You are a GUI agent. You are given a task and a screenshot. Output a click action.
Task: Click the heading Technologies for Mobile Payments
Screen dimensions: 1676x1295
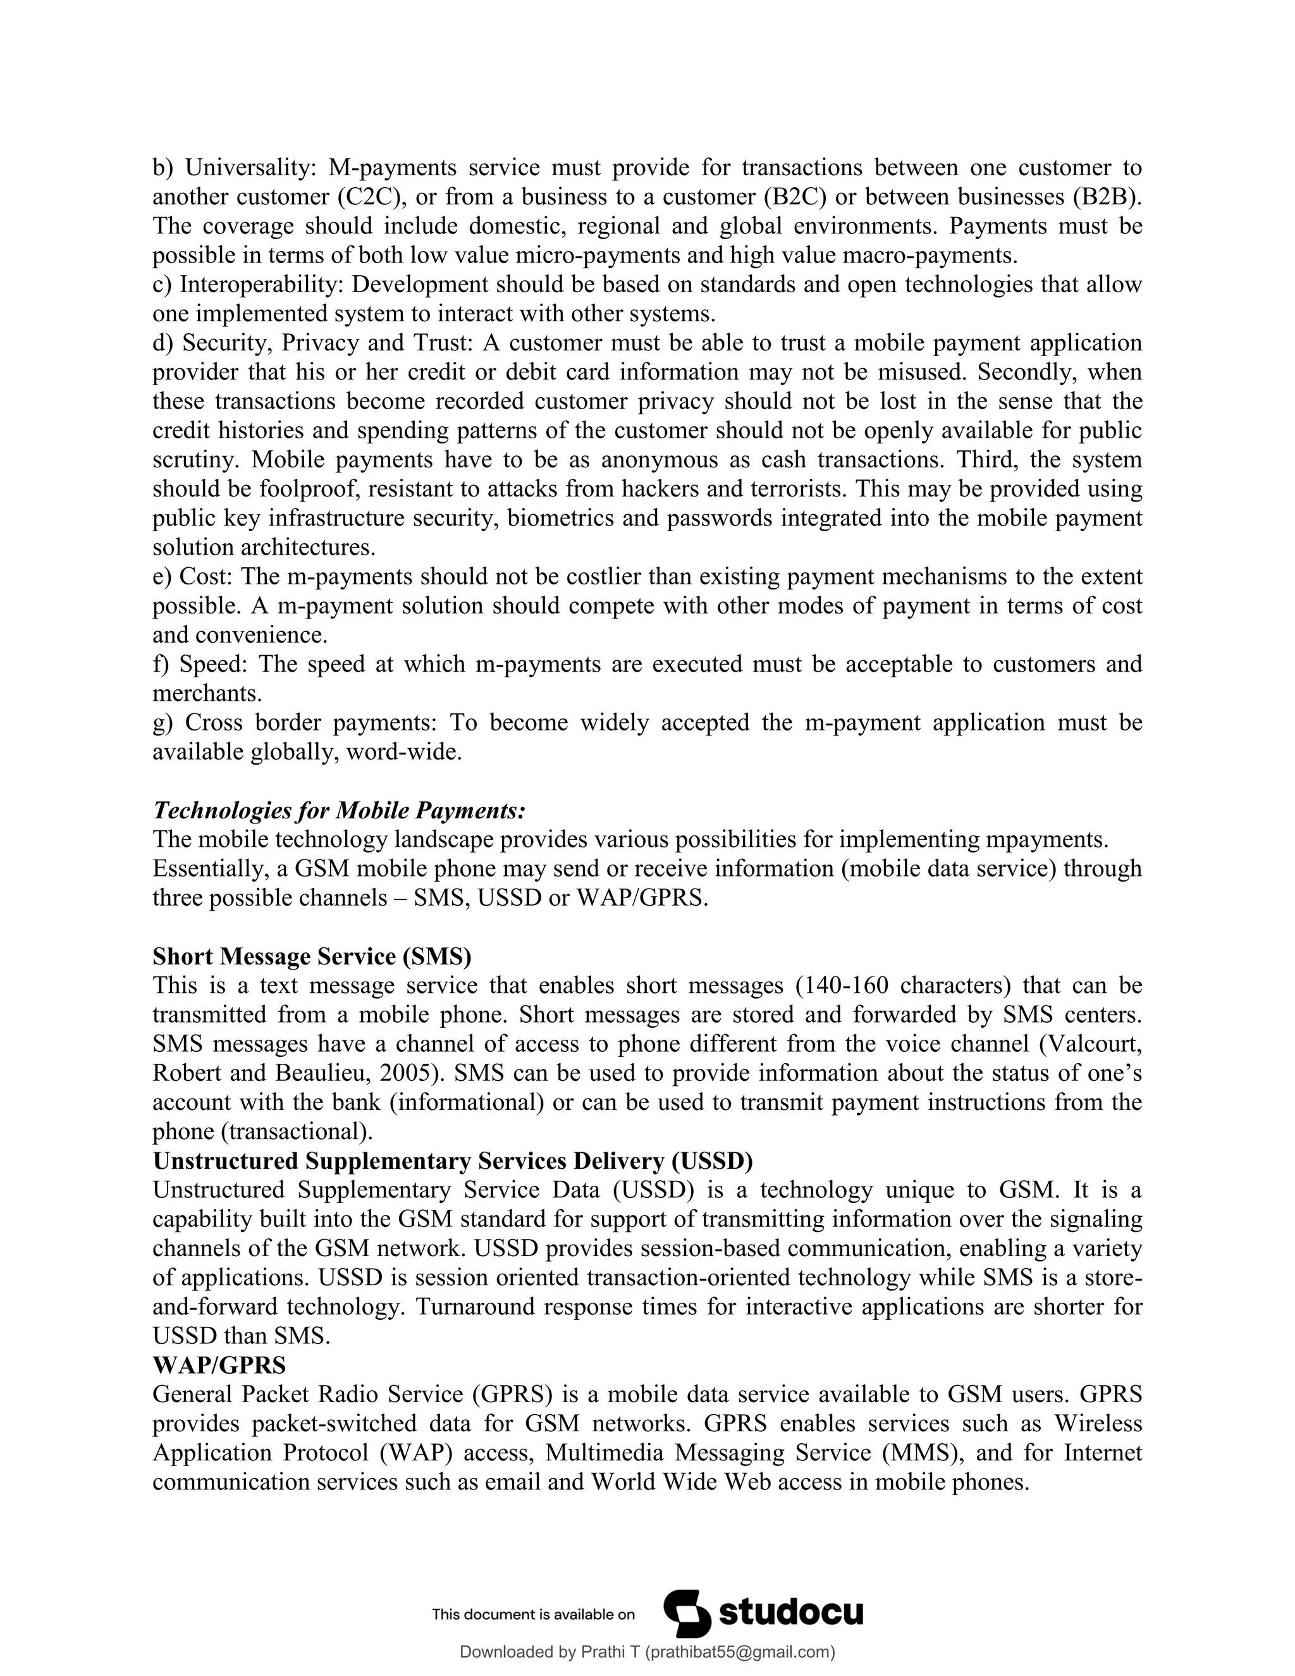point(339,810)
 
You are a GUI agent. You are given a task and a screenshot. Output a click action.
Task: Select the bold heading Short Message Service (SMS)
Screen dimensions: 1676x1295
point(312,956)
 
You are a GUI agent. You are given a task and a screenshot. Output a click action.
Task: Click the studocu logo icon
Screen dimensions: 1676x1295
point(687,1614)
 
